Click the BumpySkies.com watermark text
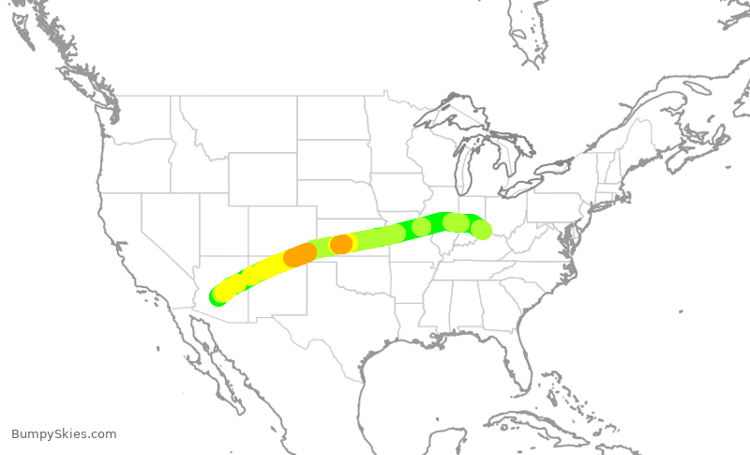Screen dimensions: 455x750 [x=64, y=433]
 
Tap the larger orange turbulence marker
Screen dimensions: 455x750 [x=300, y=254]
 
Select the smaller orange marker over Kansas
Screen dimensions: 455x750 [x=341, y=244]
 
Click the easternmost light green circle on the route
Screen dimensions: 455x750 [x=481, y=229]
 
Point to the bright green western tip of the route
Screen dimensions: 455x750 [x=217, y=297]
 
